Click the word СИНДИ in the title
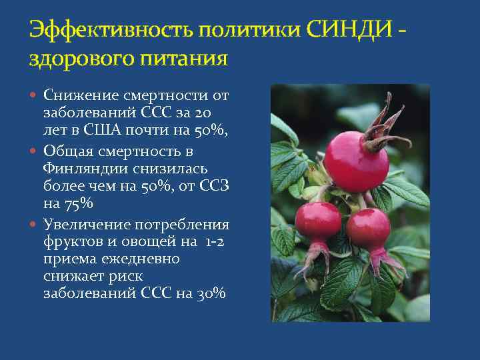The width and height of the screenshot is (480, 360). click(x=351, y=31)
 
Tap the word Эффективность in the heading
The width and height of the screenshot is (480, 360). click(x=107, y=31)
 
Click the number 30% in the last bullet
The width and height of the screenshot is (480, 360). click(x=211, y=293)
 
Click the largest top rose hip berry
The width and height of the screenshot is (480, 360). click(x=355, y=161)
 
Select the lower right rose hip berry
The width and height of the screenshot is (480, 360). click(x=369, y=230)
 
